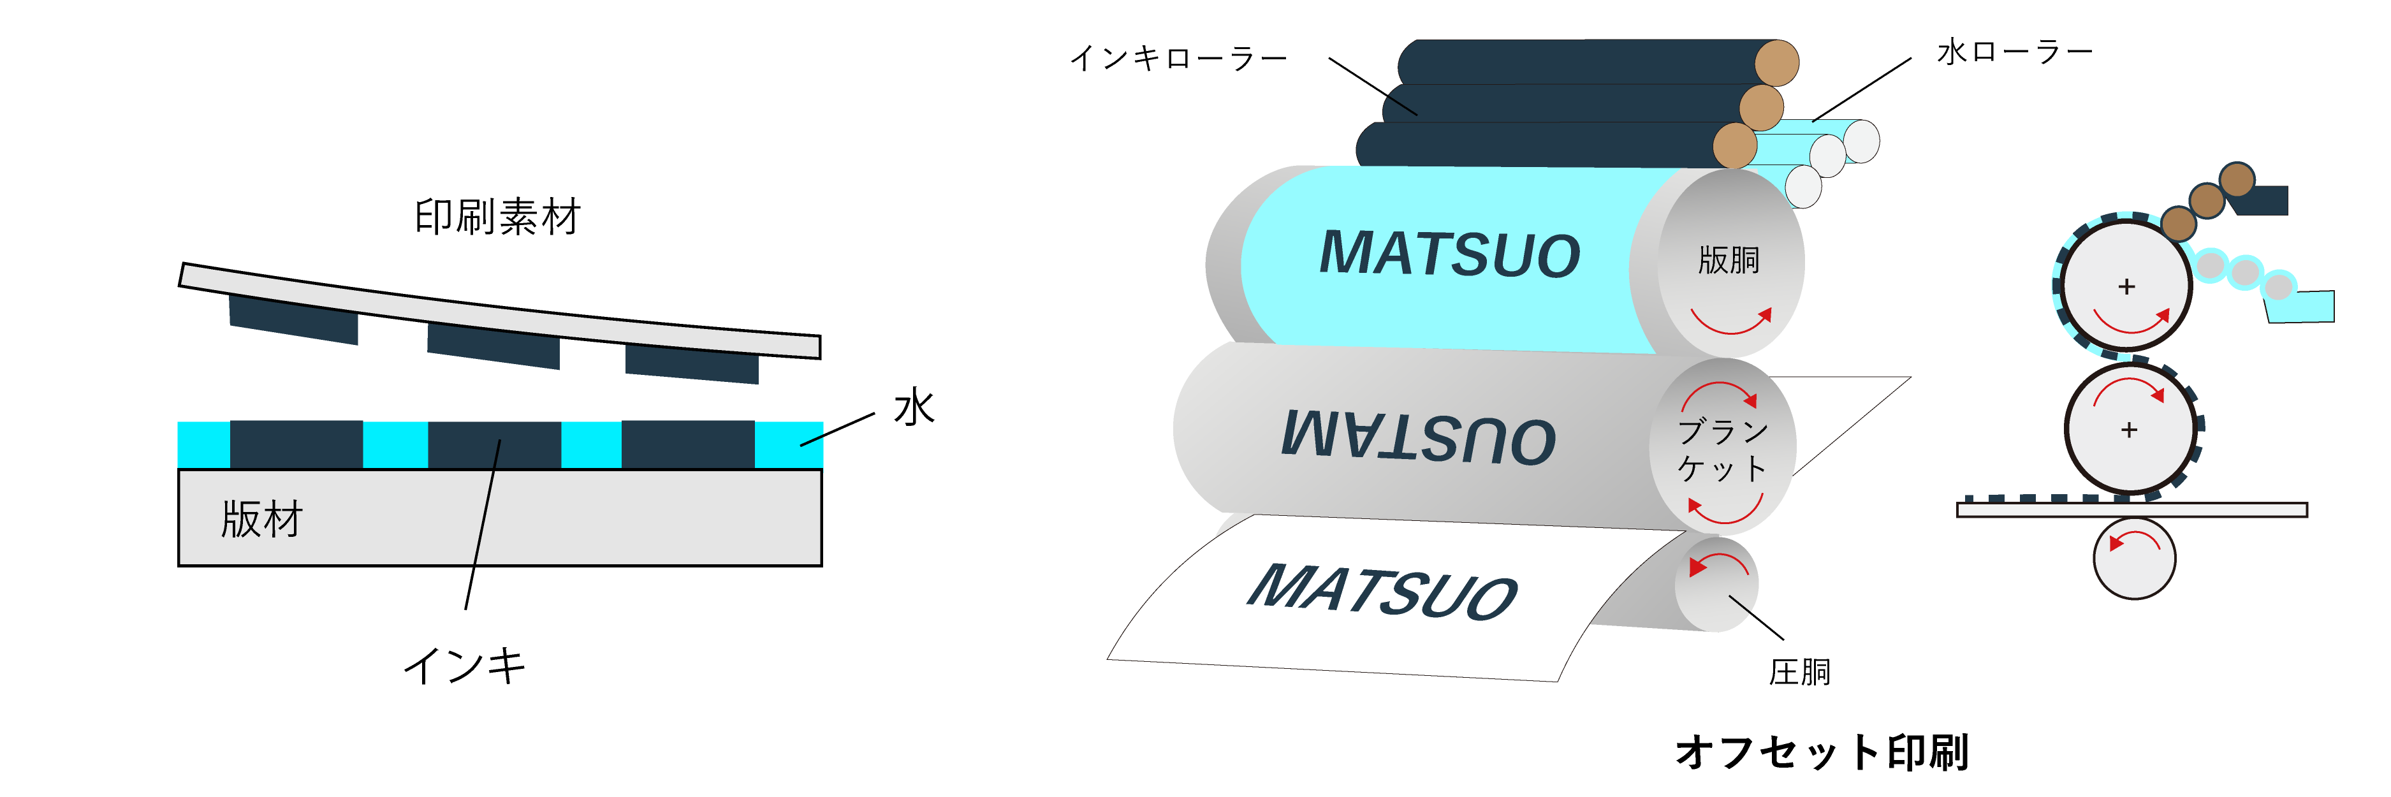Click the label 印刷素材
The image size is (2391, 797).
tap(497, 217)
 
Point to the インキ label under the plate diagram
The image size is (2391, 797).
tap(465, 665)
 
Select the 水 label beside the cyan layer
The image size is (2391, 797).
tap(914, 407)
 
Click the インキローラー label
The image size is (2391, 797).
tap(1179, 59)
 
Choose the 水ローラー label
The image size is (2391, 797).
tap(2014, 52)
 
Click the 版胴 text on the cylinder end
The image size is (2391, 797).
tap(1729, 260)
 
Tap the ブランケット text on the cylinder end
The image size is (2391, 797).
tap(1723, 449)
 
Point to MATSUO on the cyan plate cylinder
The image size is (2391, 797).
tap(1450, 253)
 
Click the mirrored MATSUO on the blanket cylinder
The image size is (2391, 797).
tap(1418, 436)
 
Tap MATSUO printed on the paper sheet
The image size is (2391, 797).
tap(1383, 591)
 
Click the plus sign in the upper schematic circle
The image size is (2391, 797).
tap(2126, 287)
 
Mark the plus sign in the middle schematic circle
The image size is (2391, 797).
tap(2129, 430)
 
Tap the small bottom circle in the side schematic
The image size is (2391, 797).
tap(2134, 558)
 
